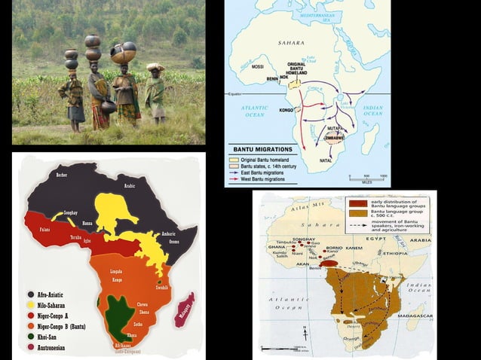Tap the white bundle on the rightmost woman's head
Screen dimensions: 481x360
tap(156, 67)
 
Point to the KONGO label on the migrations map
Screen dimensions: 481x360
tap(286, 110)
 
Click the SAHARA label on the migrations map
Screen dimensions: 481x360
tap(290, 43)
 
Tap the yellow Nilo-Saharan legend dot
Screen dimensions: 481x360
tap(31, 307)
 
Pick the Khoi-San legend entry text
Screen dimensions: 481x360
tap(51, 337)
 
